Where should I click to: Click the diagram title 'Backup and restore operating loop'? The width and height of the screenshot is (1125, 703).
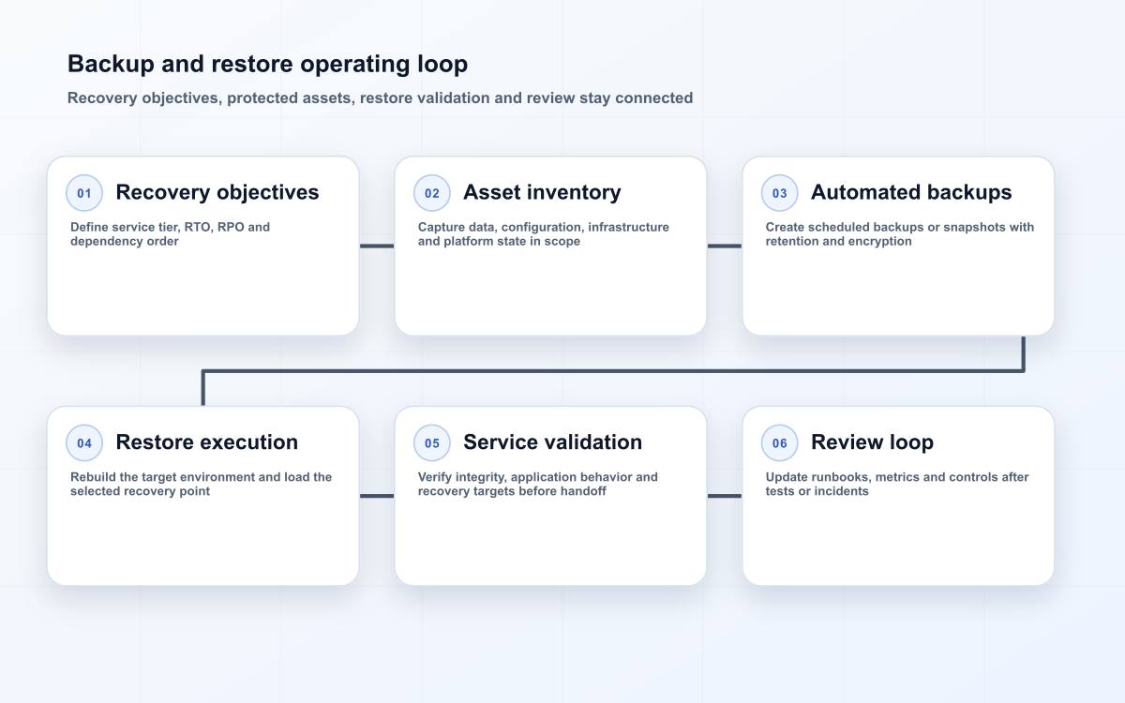tap(268, 65)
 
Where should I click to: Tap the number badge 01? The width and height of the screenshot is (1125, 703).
tap(84, 193)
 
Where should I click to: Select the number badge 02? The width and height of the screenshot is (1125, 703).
tap(432, 193)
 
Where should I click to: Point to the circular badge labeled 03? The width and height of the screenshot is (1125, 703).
tap(779, 193)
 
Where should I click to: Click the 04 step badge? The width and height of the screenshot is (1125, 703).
tap(84, 442)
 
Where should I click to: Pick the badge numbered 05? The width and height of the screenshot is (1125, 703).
tap(432, 442)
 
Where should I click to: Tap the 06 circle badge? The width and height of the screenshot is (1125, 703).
tap(779, 442)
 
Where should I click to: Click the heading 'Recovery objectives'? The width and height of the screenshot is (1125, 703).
tap(217, 193)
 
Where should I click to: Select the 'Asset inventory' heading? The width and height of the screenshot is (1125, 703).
tap(543, 193)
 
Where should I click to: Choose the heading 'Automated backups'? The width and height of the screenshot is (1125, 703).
tap(911, 192)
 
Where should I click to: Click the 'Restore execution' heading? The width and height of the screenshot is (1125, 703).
tap(207, 442)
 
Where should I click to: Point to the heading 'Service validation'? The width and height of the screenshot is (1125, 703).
tap(553, 442)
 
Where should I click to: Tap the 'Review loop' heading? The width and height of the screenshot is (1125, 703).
tap(873, 442)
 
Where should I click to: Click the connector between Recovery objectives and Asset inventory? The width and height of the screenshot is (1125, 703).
tap(377, 246)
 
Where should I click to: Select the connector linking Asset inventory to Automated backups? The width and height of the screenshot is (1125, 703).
tap(724, 246)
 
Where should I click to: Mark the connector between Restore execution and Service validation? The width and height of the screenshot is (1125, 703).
tap(377, 496)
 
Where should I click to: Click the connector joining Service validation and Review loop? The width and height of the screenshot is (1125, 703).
tap(724, 496)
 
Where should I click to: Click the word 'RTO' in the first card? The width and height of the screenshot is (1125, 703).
tap(199, 227)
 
